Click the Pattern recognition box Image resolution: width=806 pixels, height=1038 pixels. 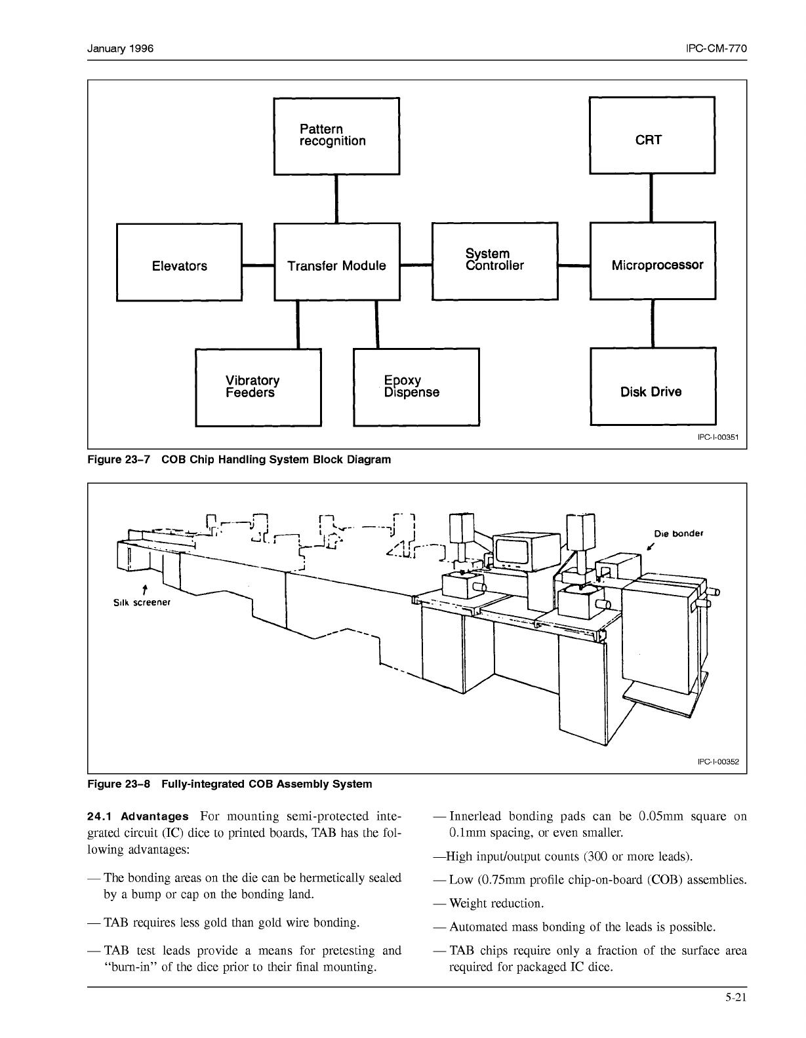pyautogui.click(x=336, y=136)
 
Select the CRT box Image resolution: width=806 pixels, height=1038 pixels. pyautogui.click(x=652, y=136)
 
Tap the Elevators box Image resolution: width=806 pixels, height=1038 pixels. pyautogui.click(x=179, y=262)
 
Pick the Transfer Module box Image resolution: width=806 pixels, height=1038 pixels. pyautogui.click(x=336, y=262)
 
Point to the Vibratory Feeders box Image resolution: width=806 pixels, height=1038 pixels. pyautogui.click(x=258, y=387)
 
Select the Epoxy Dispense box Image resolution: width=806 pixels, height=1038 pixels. pyautogui.click(x=416, y=387)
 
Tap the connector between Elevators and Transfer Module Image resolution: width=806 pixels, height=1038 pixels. pyautogui.click(x=258, y=265)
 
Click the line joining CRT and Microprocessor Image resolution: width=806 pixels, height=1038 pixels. pyautogui.click(x=651, y=198)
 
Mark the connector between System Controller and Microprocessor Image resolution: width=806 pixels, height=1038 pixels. pyautogui.click(x=574, y=266)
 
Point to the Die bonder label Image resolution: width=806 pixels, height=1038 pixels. pyautogui.click(x=678, y=533)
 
